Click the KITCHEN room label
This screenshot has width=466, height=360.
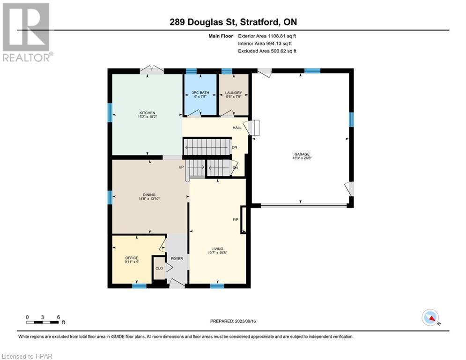(147, 113)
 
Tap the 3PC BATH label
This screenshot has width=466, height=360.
(201, 93)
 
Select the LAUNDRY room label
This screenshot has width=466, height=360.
(233, 93)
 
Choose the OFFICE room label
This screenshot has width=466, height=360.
(131, 258)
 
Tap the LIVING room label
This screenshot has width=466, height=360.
(217, 249)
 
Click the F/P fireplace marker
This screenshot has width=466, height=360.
(236, 219)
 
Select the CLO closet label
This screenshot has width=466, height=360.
(159, 268)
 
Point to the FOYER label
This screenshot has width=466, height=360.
(177, 258)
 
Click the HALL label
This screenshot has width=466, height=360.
(237, 127)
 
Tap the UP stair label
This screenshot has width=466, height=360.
(181, 167)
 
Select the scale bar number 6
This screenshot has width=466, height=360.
(58, 316)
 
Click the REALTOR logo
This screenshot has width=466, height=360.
(27, 32)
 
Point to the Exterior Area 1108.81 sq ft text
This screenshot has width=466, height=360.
(267, 35)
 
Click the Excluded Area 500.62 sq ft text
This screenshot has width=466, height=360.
(267, 51)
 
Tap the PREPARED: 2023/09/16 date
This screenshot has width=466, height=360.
(233, 321)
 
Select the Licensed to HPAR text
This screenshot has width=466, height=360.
(27, 356)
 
